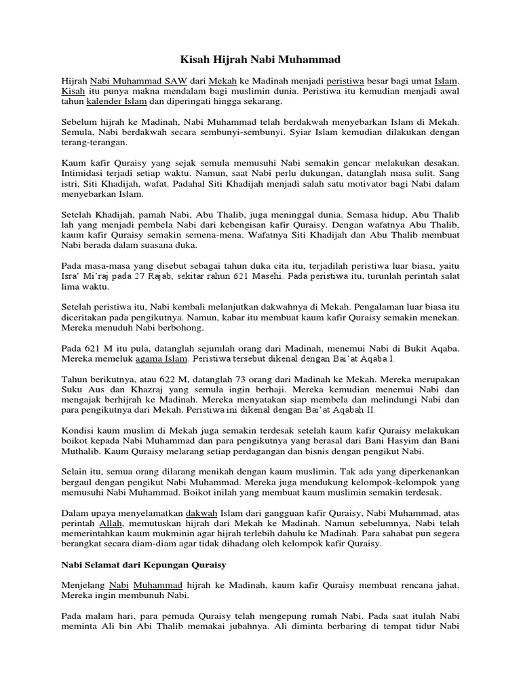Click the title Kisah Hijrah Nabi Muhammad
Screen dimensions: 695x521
click(x=260, y=59)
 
